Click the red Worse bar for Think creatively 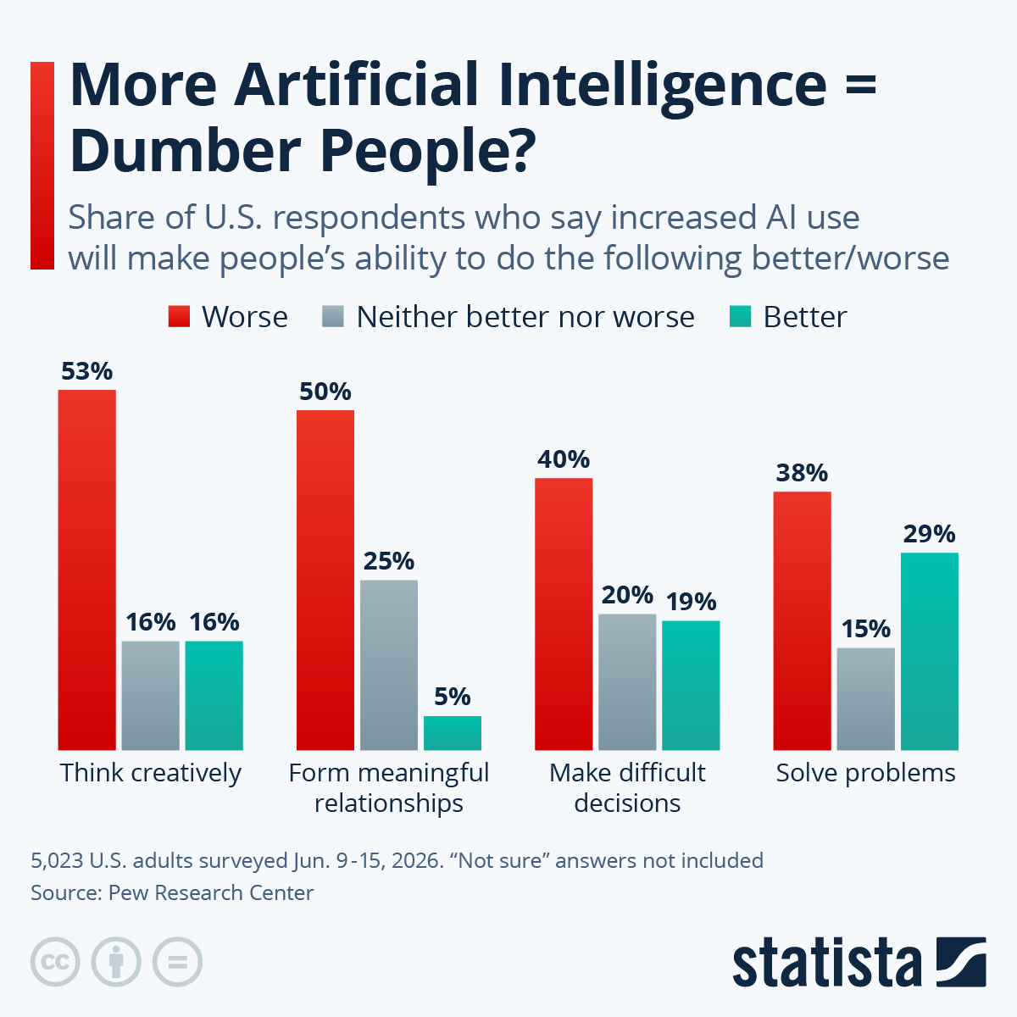pyautogui.click(x=86, y=570)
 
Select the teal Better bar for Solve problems pyautogui.click(x=929, y=651)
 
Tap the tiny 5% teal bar pyautogui.click(x=452, y=733)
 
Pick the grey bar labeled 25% pyautogui.click(x=388, y=664)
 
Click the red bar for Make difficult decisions pyautogui.click(x=564, y=614)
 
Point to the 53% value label pyautogui.click(x=86, y=371)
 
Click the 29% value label pyautogui.click(x=929, y=534)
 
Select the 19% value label pyautogui.click(x=691, y=602)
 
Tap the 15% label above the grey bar pyautogui.click(x=865, y=629)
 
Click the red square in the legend pyautogui.click(x=179, y=317)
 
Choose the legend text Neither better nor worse pyautogui.click(x=525, y=317)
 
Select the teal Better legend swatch pyautogui.click(x=740, y=317)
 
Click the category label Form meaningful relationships pyautogui.click(x=388, y=787)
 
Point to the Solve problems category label pyautogui.click(x=865, y=773)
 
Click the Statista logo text pyautogui.click(x=826, y=964)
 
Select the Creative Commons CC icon pyautogui.click(x=55, y=963)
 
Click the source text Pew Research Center pyautogui.click(x=211, y=892)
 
